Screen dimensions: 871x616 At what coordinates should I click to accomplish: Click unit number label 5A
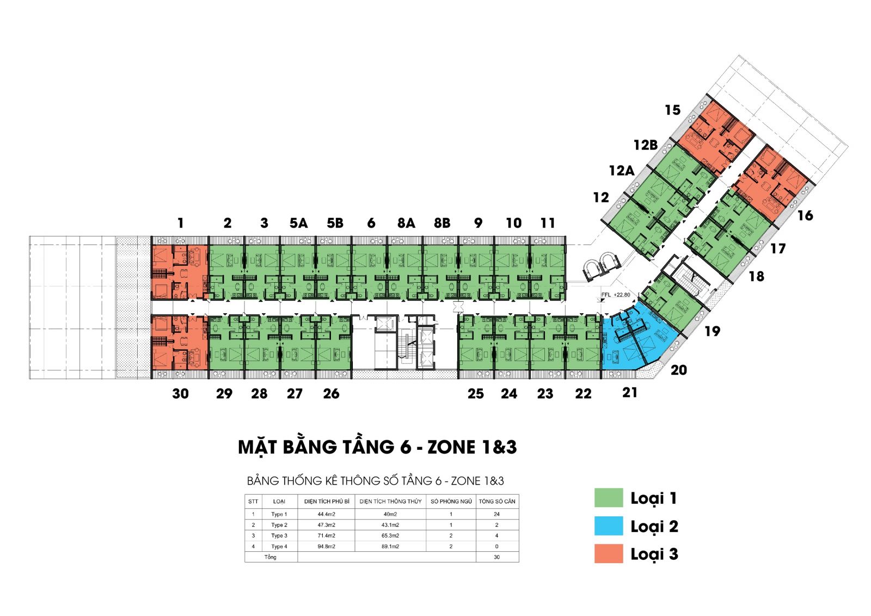(x=298, y=223)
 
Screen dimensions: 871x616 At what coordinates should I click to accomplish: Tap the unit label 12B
(x=646, y=145)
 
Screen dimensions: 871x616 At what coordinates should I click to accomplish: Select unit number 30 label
(x=180, y=393)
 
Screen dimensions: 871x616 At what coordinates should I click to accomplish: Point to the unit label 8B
(x=442, y=223)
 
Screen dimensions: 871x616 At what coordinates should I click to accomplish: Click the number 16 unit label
(x=805, y=215)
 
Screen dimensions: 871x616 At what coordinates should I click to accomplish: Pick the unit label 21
(x=629, y=393)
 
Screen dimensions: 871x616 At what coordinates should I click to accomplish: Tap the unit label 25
(x=476, y=393)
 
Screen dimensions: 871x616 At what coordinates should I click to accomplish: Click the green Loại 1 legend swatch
(x=609, y=498)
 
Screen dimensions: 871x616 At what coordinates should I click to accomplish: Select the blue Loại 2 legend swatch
(x=609, y=526)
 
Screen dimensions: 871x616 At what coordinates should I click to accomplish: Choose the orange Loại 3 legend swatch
(x=609, y=553)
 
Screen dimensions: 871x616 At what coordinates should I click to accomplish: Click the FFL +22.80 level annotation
(x=616, y=295)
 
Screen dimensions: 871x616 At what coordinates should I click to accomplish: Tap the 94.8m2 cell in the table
(x=326, y=546)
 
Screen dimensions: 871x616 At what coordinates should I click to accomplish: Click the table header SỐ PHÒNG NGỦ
(x=451, y=501)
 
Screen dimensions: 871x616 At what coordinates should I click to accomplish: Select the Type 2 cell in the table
(x=279, y=525)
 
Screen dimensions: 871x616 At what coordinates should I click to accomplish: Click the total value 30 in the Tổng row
(x=496, y=557)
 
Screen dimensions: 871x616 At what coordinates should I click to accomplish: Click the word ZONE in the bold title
(x=451, y=447)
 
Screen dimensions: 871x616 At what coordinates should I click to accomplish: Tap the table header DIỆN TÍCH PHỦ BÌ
(x=327, y=501)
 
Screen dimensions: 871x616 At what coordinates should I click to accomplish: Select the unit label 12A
(x=621, y=170)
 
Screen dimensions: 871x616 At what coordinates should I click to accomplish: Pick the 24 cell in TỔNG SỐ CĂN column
(x=496, y=514)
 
